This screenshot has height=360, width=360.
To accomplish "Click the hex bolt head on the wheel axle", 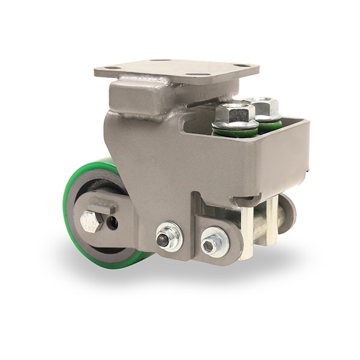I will click(90, 221).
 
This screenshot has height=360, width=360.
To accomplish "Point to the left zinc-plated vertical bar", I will click(246, 231).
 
